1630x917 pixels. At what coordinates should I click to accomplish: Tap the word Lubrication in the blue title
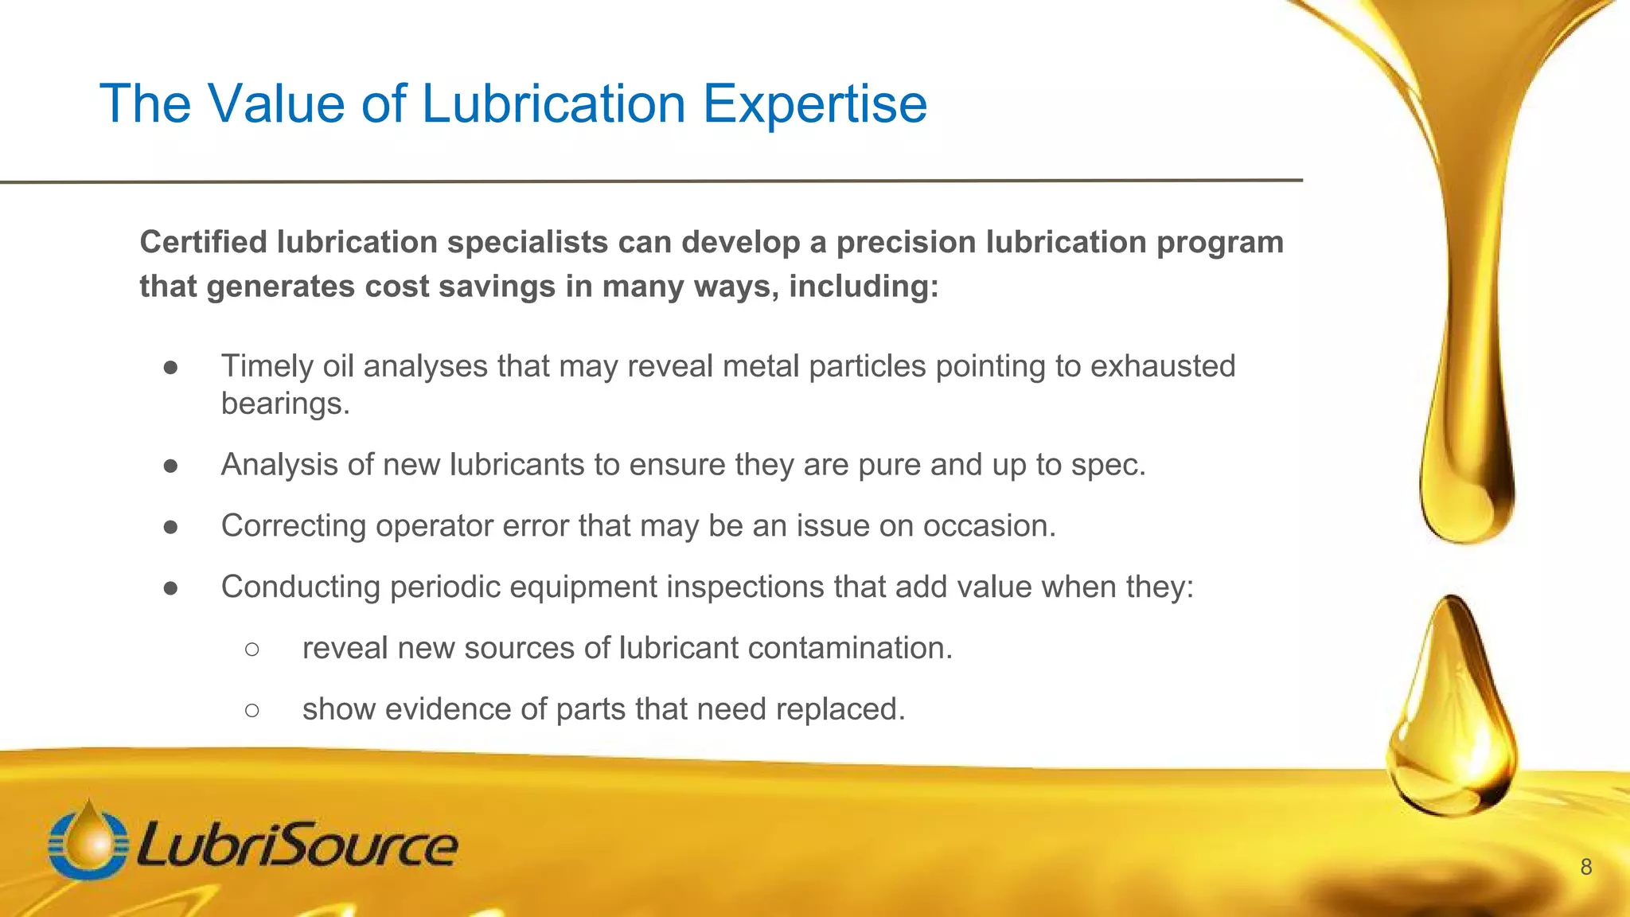coord(553,104)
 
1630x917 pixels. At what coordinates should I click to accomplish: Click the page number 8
coord(1585,868)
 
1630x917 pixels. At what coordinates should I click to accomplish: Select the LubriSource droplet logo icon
coord(88,842)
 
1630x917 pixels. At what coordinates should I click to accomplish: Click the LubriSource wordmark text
coord(298,845)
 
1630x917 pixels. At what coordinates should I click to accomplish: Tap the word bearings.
coord(285,404)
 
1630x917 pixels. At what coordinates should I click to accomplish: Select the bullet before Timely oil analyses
coord(170,367)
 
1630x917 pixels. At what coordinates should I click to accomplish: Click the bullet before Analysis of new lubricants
coord(170,466)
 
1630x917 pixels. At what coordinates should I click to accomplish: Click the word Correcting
coord(293,526)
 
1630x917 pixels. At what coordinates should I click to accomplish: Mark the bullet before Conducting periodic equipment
coord(170,588)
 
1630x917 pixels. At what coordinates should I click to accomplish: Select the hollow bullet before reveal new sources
coord(252,650)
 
